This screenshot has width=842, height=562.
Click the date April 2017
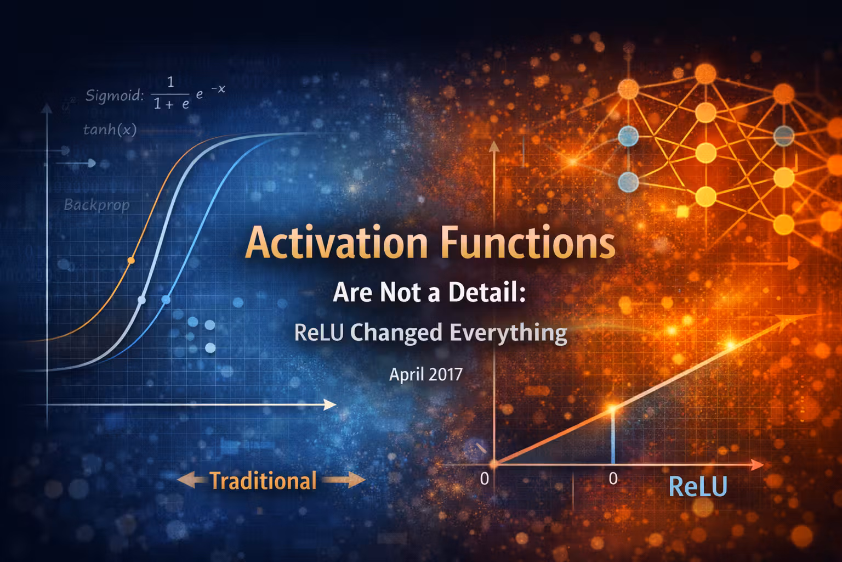(x=426, y=374)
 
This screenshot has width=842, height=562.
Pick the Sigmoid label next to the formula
(x=114, y=95)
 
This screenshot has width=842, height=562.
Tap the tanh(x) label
(x=110, y=130)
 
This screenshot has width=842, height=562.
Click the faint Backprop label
(x=96, y=205)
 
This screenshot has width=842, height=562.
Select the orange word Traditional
(x=263, y=481)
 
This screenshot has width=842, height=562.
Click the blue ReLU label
(x=698, y=486)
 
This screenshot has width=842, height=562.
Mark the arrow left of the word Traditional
(x=191, y=481)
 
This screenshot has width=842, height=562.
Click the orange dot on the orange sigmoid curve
(x=130, y=260)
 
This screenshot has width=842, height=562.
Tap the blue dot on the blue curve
(x=166, y=299)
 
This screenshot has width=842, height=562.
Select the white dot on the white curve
(x=141, y=300)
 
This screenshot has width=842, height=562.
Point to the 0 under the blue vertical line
(x=613, y=479)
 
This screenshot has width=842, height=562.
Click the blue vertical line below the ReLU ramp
(x=613, y=439)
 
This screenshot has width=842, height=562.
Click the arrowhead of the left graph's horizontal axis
(x=330, y=405)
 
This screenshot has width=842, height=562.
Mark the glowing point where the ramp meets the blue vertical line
(x=613, y=408)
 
